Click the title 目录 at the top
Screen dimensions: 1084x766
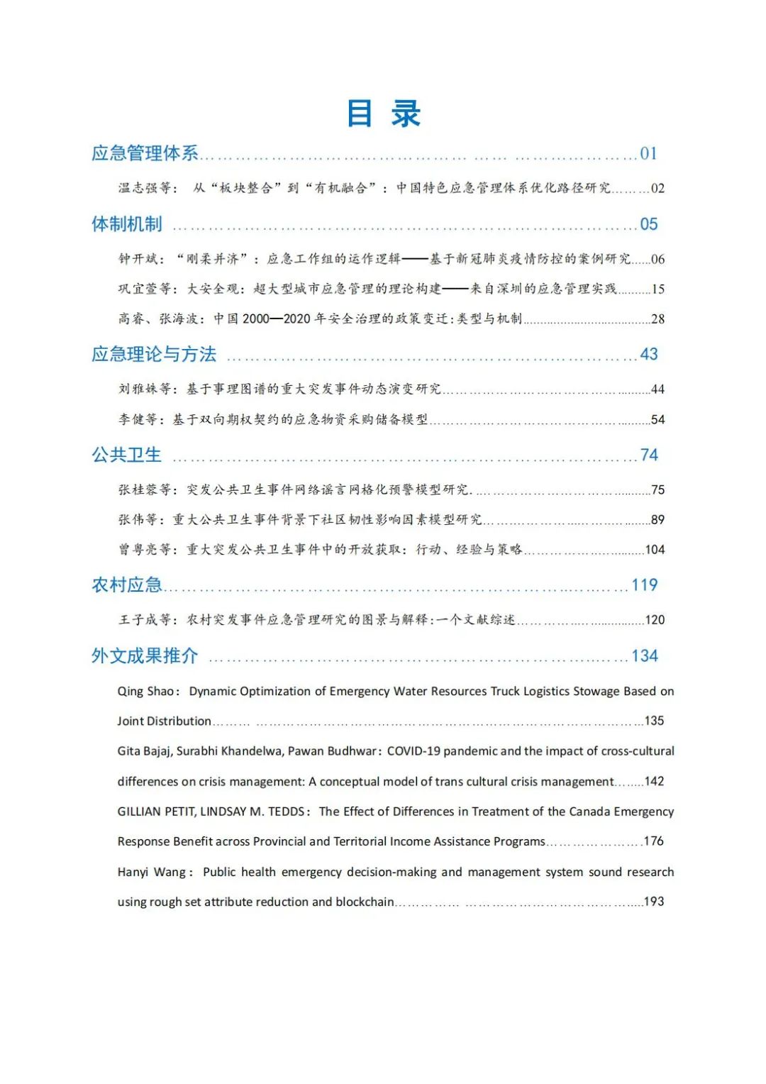[x=384, y=114]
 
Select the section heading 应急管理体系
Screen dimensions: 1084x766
[x=145, y=153]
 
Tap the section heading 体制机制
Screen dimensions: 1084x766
[x=127, y=224]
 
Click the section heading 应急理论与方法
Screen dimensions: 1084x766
[x=154, y=354]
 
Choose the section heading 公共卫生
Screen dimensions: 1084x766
[x=126, y=455]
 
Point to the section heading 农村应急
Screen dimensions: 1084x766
[x=126, y=585]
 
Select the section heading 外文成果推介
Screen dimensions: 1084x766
[x=145, y=656]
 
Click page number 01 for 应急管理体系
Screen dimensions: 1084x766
[x=648, y=154]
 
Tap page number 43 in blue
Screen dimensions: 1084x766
[x=649, y=354]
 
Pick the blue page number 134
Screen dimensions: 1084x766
[x=644, y=656]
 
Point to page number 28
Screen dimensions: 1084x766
[x=657, y=319]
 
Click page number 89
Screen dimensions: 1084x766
[x=657, y=520]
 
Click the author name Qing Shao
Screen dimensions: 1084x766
[x=145, y=691]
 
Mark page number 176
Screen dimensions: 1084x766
[x=653, y=841]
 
